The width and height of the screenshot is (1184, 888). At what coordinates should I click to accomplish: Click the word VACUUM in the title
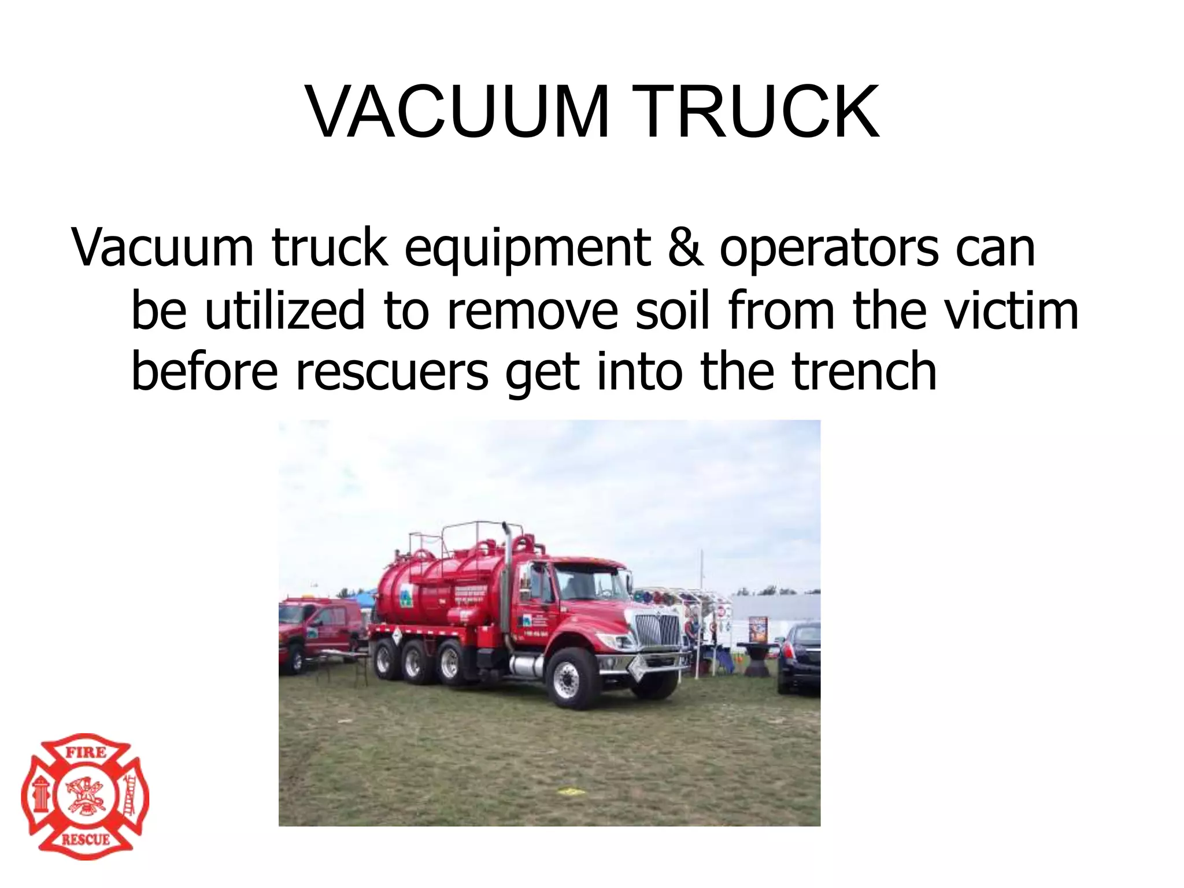coord(457,112)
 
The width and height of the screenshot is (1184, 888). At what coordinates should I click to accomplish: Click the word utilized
coord(285,310)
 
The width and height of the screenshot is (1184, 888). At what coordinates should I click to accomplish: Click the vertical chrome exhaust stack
coord(506,584)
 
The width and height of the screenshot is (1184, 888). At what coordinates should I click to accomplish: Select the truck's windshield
coord(584,583)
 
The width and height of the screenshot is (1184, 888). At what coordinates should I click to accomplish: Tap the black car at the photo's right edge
coord(800,656)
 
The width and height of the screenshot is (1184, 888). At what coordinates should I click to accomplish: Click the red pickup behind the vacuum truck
coord(318,630)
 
